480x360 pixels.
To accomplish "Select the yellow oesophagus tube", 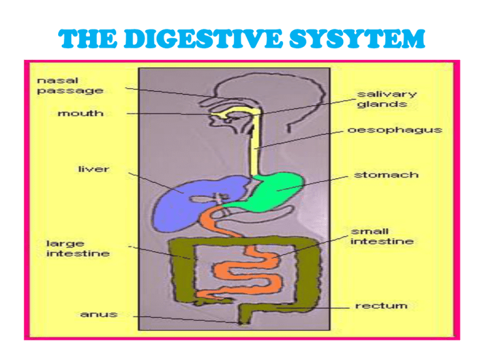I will (254, 156).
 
